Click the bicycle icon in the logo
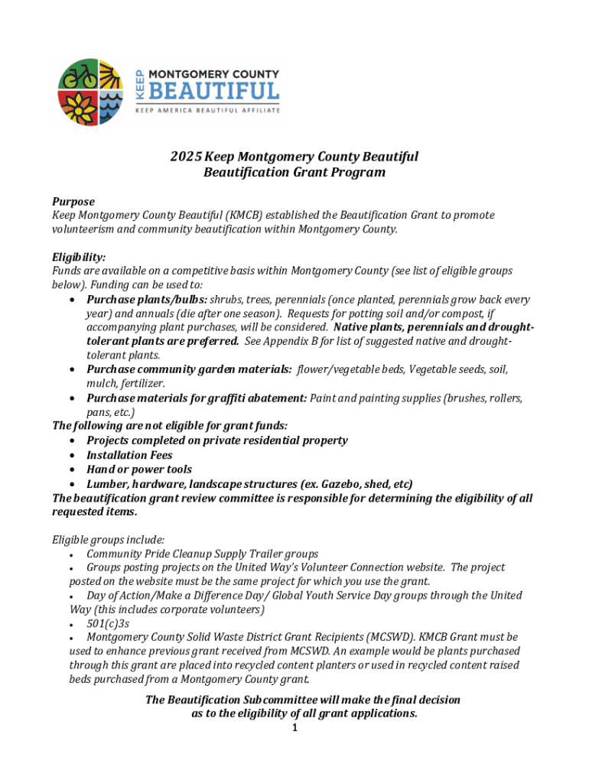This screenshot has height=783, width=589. point(79,75)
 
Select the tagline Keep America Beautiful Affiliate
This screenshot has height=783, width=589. point(207,110)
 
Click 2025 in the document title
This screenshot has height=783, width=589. point(186,157)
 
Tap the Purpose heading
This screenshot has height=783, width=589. point(73,202)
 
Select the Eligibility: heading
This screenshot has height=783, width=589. point(79,258)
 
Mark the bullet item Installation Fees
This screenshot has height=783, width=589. point(129,455)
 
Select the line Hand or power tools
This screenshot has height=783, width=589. point(139,469)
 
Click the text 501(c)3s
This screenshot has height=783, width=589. point(108,623)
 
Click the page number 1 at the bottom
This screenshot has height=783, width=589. point(294,727)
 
